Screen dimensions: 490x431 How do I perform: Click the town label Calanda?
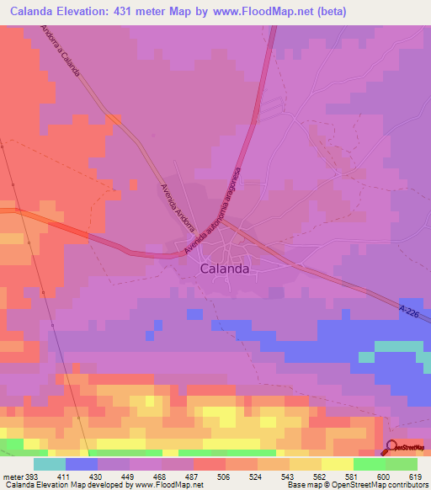[x=225, y=269]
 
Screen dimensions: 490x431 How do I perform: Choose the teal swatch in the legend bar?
[x=50, y=464]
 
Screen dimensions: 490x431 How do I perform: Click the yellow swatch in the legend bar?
[x=338, y=464]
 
